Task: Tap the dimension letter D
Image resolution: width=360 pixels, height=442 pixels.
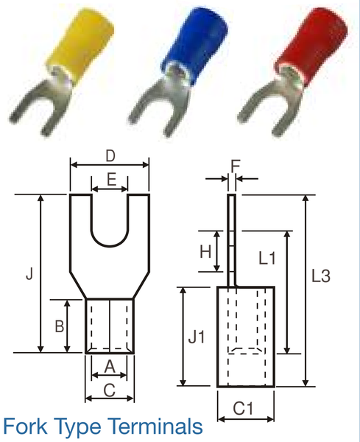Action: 110,155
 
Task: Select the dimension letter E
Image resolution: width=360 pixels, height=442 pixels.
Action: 110,178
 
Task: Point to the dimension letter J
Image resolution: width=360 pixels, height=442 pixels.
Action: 29,274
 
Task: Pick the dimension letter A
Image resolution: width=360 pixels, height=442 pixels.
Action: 110,366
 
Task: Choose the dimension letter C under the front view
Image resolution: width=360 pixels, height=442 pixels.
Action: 110,391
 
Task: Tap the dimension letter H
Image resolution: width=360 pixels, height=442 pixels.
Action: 206,251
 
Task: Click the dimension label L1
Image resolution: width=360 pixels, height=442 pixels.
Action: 267,259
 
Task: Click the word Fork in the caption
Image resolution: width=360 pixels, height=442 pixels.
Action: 29,427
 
